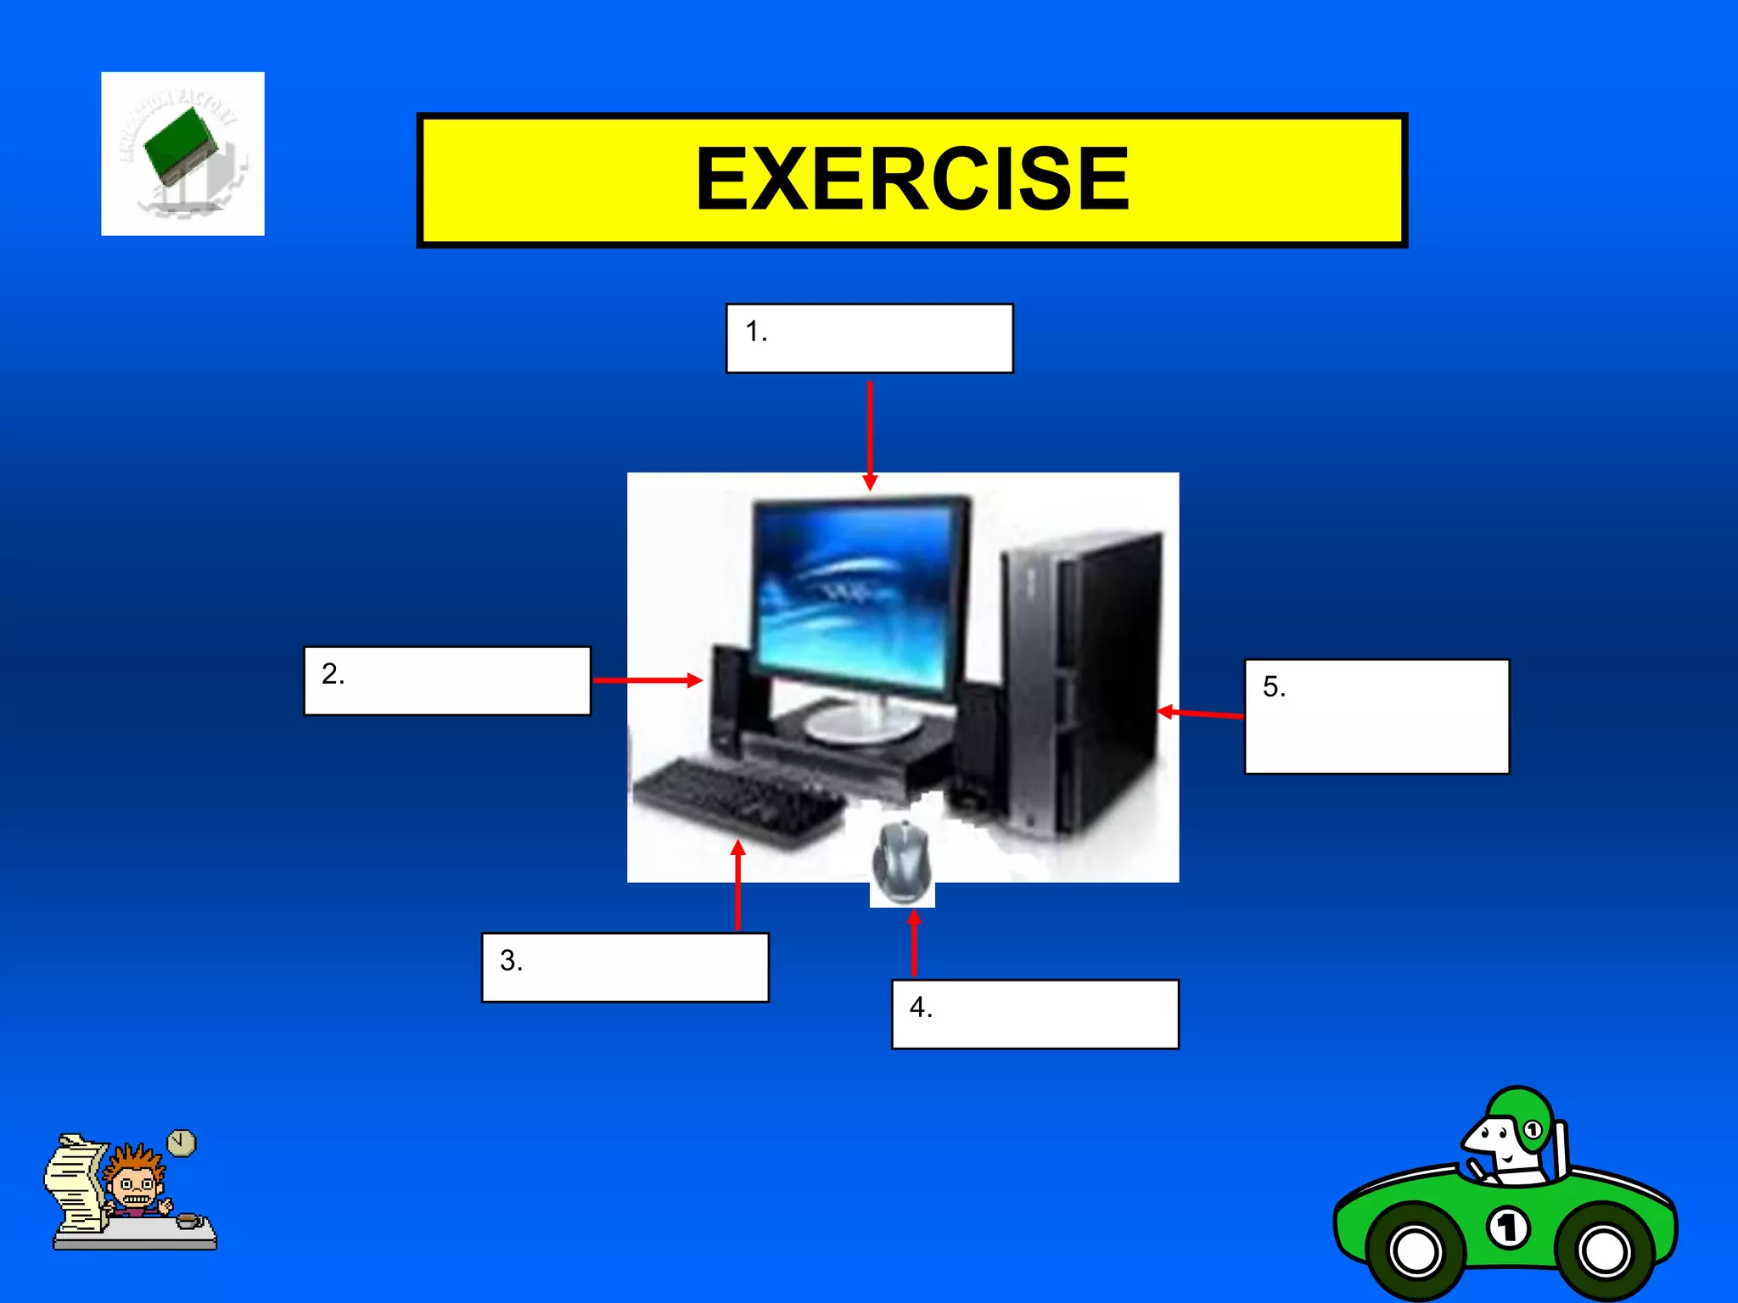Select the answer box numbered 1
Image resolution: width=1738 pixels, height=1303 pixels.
(869, 338)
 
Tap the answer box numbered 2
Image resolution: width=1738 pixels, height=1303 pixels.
(447, 681)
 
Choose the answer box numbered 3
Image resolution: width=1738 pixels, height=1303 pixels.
(625, 968)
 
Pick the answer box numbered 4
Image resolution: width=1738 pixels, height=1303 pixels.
(1034, 1015)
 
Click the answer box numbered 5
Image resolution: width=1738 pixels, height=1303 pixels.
(1376, 716)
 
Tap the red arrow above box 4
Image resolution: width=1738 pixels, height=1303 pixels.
(914, 942)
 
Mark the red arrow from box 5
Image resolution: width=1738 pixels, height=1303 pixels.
(1200, 714)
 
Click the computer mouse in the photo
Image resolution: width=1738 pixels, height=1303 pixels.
(902, 862)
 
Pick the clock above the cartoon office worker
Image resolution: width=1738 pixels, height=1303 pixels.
(181, 1143)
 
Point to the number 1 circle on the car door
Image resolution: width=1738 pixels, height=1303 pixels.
(1508, 1228)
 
